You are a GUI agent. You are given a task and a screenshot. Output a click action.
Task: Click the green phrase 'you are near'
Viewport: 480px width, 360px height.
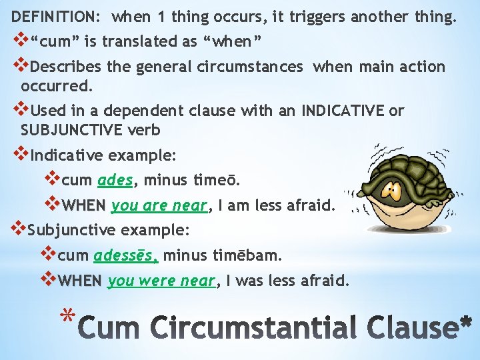point(159,205)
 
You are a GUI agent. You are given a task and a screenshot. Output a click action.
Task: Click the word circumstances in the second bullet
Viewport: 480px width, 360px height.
point(253,67)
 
